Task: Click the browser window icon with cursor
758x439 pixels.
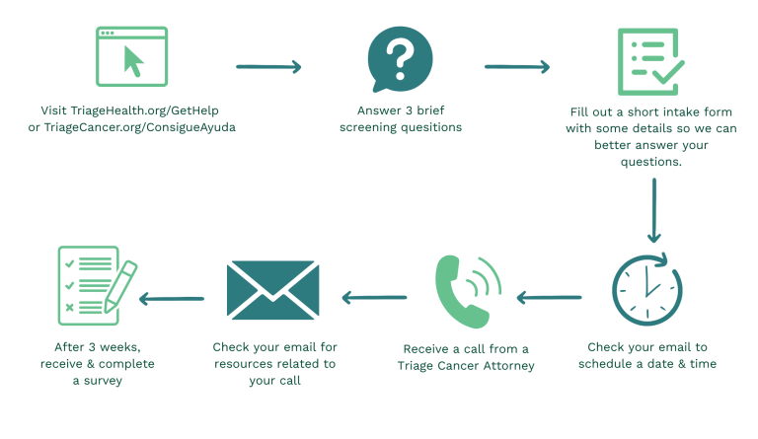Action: pyautogui.click(x=131, y=56)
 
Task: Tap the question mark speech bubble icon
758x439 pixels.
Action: pyautogui.click(x=400, y=59)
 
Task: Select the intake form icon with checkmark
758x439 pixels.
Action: pyautogui.click(x=650, y=62)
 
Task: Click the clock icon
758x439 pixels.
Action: pyautogui.click(x=647, y=289)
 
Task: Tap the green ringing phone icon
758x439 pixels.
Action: pyautogui.click(x=468, y=291)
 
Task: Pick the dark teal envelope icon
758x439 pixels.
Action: pyautogui.click(x=272, y=290)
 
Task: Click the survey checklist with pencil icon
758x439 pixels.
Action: pyautogui.click(x=97, y=285)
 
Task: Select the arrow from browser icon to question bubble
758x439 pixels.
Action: pyautogui.click(x=268, y=67)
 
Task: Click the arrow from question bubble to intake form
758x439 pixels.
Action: pyautogui.click(x=517, y=67)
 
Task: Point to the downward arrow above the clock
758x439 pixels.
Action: pyautogui.click(x=654, y=210)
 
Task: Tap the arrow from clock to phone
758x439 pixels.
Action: pyautogui.click(x=549, y=298)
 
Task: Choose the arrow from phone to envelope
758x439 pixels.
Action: pyautogui.click(x=374, y=298)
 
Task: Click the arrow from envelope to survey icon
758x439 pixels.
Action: pyautogui.click(x=171, y=299)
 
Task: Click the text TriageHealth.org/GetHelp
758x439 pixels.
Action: pyautogui.click(x=144, y=110)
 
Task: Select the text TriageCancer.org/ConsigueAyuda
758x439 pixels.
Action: pyautogui.click(x=140, y=127)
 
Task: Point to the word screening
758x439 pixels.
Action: pyautogui.click(x=366, y=127)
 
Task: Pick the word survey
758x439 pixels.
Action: pyautogui.click(x=103, y=381)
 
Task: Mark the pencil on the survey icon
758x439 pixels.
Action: pyautogui.click(x=120, y=286)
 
